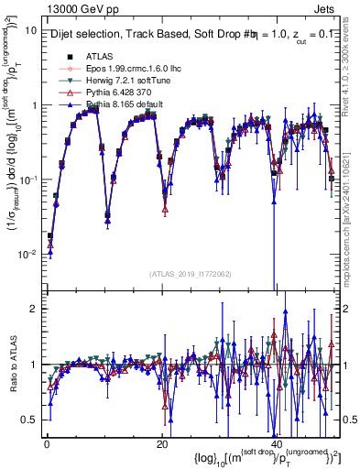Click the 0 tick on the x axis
tap(46, 444)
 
